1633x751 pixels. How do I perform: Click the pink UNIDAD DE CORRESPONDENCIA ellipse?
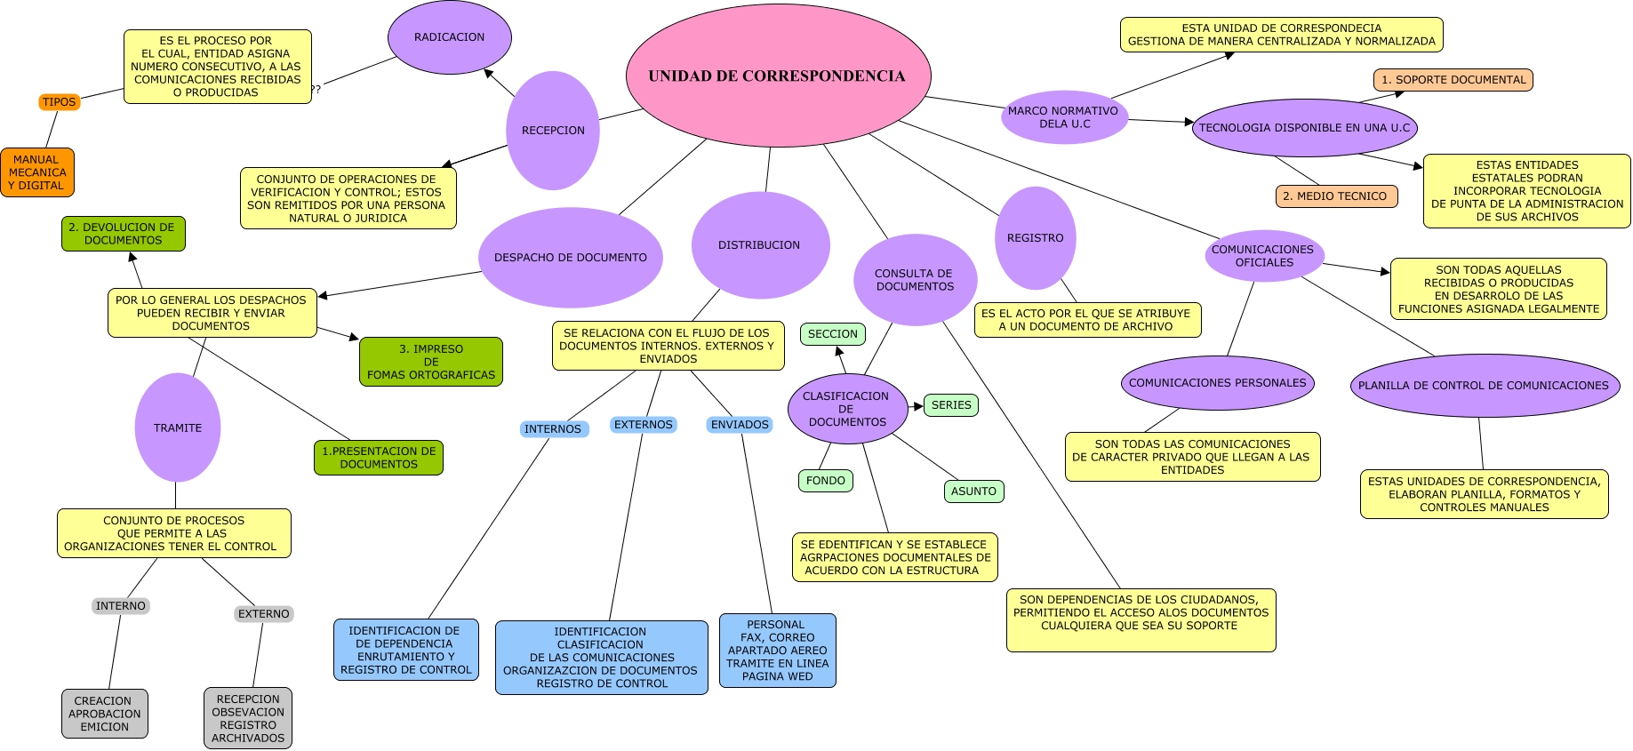(778, 76)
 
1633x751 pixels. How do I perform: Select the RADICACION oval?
(450, 37)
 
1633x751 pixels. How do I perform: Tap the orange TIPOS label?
(60, 102)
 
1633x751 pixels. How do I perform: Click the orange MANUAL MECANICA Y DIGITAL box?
(37, 172)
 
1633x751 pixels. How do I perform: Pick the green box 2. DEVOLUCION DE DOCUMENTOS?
(123, 234)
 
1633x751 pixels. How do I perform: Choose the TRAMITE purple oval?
(178, 427)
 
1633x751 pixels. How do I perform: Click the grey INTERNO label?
(121, 606)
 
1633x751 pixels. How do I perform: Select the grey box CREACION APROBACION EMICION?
(105, 714)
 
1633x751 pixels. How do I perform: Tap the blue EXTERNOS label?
(644, 425)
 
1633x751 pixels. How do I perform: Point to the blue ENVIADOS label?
(740, 425)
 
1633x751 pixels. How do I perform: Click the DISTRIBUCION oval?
(760, 245)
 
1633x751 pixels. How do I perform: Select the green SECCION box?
(833, 334)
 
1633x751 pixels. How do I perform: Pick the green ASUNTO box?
(973, 491)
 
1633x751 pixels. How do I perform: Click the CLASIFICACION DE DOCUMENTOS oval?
(847, 409)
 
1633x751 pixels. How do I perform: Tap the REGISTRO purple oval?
(1036, 238)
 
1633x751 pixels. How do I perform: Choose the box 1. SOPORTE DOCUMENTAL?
(1453, 80)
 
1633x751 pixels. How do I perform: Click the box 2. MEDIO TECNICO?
(1336, 196)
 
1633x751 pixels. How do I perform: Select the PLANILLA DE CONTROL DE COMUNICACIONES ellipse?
(1484, 386)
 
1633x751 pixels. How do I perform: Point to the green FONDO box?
(826, 481)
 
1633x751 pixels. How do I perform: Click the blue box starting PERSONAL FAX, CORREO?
(778, 651)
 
